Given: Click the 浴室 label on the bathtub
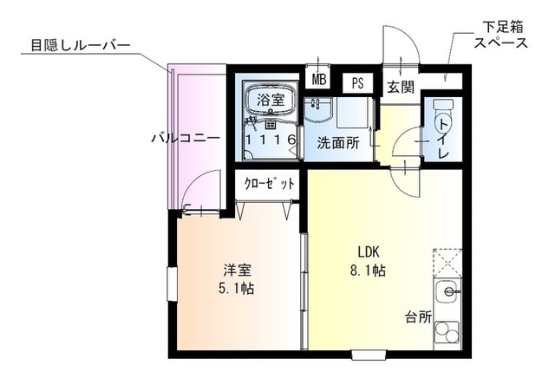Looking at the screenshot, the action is pos(271,100).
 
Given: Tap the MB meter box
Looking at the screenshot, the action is pos(318,80).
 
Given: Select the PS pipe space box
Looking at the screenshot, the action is pos(358,83).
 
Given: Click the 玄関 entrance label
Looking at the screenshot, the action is pos(401,87).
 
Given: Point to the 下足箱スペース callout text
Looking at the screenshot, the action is pos(501,35).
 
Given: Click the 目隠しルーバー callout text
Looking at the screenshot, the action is pos(81,45).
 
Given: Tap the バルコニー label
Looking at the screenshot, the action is pos(186,138).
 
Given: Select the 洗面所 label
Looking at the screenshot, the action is pos(338,143).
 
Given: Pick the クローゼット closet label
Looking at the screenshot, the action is pos(270,183).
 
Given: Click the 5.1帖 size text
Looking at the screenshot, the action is pos(236,289).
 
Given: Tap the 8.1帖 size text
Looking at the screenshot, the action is pos(368,271).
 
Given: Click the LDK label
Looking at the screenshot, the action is pos(369,252).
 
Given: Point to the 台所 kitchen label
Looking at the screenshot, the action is pos(419,316).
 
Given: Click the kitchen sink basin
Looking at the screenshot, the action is pos(447,291).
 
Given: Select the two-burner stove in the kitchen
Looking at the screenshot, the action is pos(447,331).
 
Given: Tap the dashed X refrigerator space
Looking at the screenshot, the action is pos(447,263).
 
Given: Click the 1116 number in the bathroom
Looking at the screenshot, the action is pos(271,140).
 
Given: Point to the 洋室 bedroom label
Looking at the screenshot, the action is pos(237,271).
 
